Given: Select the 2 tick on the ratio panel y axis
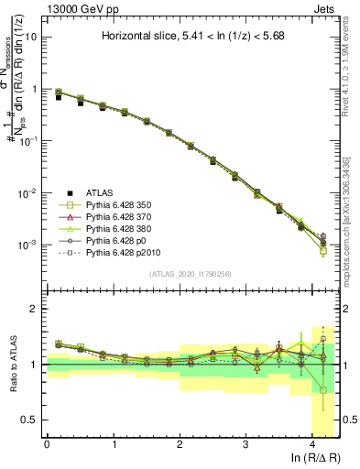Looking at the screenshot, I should click(x=35, y=310).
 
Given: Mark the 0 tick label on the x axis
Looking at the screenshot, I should click(x=47, y=444).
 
